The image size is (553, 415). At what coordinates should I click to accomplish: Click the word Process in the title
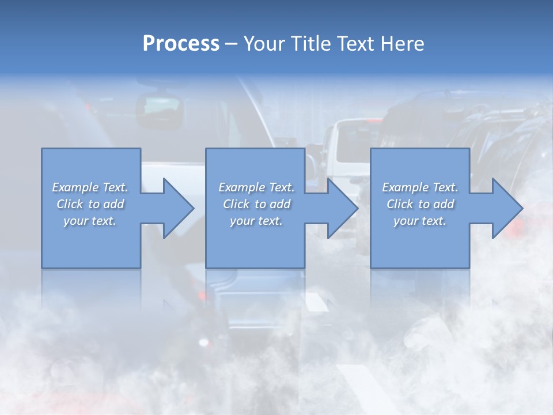pos(181,43)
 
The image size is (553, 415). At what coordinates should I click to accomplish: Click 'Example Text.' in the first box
pos(90,187)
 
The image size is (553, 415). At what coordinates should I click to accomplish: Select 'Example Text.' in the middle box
pos(256,187)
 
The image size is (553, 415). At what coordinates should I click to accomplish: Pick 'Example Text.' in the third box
pos(420,187)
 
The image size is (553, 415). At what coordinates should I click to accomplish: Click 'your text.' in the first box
pos(90,221)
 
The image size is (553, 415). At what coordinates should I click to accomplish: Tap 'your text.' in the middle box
pos(256,221)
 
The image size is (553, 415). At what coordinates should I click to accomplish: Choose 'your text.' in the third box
pos(420,221)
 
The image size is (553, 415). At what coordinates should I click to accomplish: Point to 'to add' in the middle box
pos(272,204)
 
